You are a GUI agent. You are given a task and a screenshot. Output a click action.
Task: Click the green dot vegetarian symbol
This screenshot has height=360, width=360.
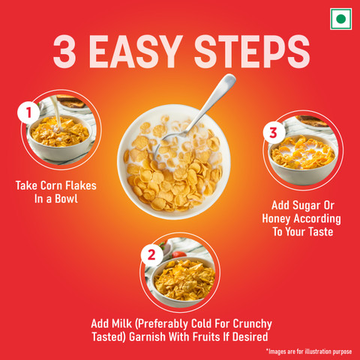pos(340,19)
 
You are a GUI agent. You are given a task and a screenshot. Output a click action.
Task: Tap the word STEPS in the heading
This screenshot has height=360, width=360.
pos(252,52)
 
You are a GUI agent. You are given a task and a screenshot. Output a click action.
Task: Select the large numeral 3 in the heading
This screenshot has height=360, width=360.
pos(64,52)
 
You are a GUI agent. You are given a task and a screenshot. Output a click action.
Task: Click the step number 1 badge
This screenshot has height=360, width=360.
pos(28,112)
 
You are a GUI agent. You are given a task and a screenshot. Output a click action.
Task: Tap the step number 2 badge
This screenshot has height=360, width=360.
pos(151,255)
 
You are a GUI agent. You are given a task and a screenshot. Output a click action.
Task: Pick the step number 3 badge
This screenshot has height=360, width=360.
pos(274,133)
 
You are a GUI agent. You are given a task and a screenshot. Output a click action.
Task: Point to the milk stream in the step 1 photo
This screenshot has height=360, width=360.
pos(56,112)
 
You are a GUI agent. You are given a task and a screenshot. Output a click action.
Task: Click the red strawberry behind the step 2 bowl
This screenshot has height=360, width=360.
pos(179,254)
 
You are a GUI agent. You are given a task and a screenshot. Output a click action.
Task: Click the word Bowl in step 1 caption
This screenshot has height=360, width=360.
pos(66,199)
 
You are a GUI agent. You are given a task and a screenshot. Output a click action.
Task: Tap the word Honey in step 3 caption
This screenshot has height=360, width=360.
pos(276,219)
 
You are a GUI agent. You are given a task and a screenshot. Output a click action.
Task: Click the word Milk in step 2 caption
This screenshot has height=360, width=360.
pos(121,324)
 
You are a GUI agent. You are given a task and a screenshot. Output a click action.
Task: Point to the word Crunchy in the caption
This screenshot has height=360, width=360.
pos(253,324)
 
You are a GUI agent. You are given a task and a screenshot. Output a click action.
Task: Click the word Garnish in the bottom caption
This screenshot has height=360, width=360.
pos(148,337)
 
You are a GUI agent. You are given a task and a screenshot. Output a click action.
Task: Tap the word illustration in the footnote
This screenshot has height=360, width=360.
pos(318,352)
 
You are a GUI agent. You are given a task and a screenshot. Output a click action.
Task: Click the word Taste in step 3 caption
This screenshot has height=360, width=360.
pos(321,232)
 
